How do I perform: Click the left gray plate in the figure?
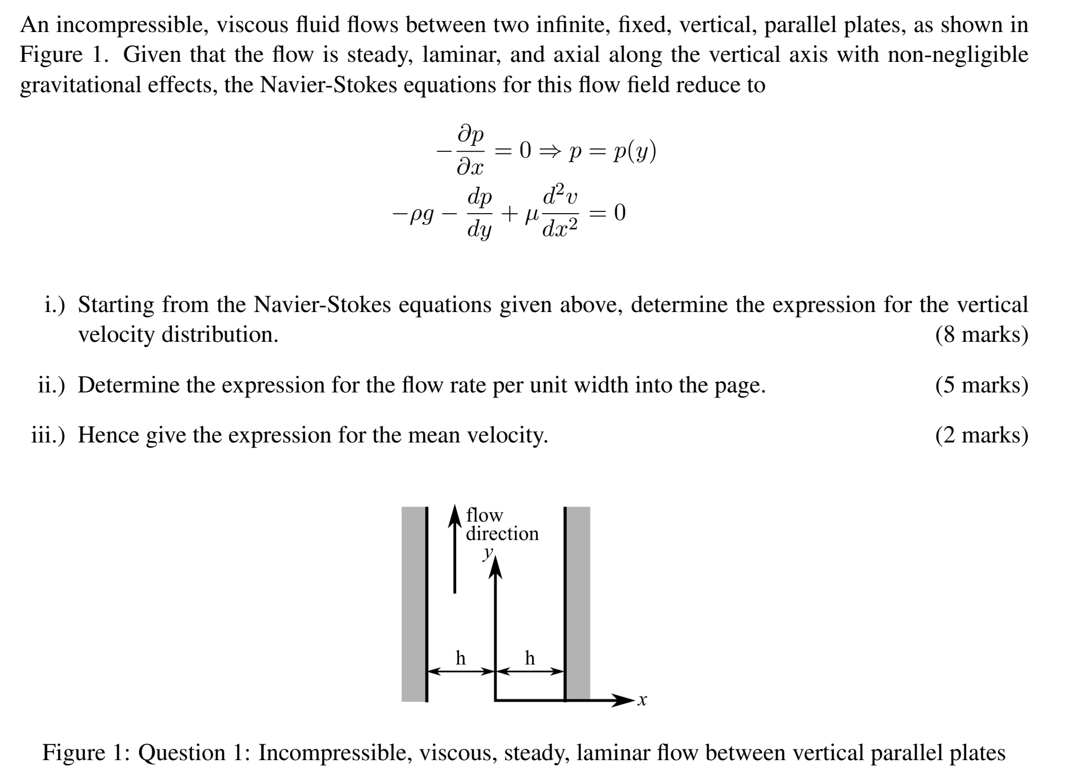413,604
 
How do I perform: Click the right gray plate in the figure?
579,604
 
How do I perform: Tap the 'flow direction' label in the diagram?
502,524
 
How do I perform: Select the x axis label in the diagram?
643,701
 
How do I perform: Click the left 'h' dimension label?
460,657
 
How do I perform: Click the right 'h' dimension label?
530,657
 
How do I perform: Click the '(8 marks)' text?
981,335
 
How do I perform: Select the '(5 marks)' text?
981,385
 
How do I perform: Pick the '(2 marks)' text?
981,435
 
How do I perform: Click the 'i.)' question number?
54,305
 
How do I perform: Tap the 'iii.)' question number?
48,435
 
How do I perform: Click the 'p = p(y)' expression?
612,151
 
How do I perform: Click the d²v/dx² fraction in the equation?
560,214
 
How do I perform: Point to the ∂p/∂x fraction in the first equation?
471,151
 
